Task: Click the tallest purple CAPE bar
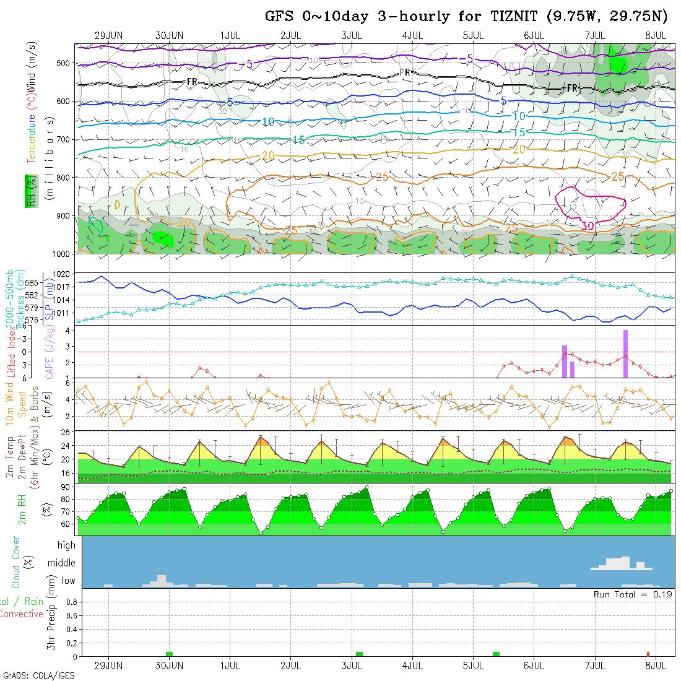(x=626, y=354)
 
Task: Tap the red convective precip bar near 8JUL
(x=648, y=654)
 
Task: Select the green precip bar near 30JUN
(x=169, y=654)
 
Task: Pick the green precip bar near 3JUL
(x=359, y=654)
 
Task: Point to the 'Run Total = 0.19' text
(x=633, y=594)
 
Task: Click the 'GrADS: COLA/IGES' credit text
(x=38, y=675)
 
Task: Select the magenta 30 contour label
(x=588, y=226)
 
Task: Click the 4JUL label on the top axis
(x=412, y=35)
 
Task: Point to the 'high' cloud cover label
(x=66, y=545)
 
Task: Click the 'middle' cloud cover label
(x=61, y=563)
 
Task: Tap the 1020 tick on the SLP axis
(x=64, y=274)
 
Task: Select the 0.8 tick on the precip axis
(x=70, y=601)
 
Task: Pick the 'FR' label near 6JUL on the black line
(x=573, y=89)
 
